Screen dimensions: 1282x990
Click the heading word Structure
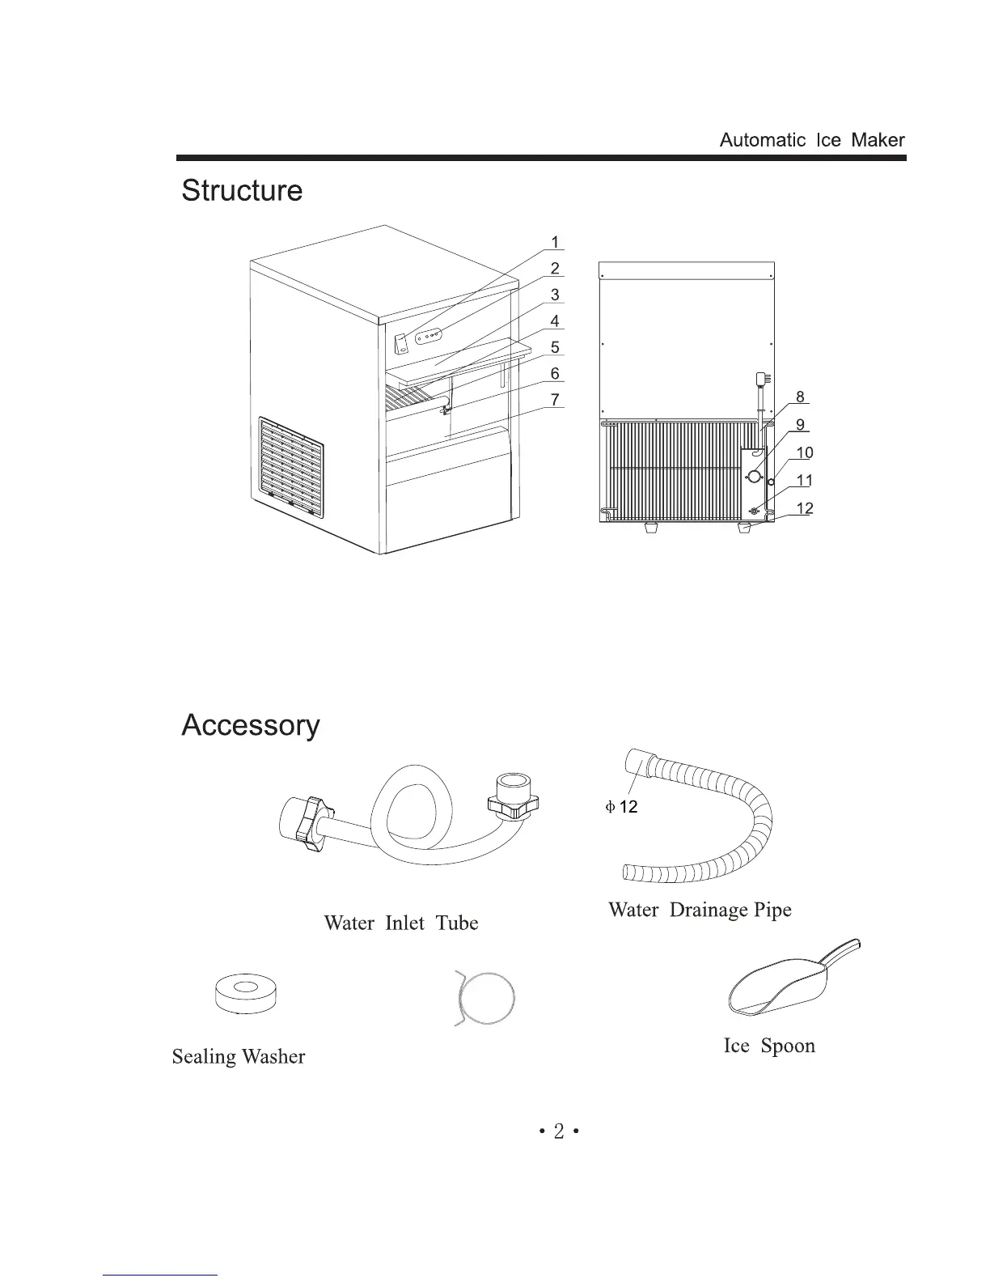242,191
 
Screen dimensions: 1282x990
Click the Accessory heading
251,725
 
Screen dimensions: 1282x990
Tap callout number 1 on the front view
555,242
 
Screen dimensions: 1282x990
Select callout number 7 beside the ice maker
555,400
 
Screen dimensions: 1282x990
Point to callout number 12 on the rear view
805,509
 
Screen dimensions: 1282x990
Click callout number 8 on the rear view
800,397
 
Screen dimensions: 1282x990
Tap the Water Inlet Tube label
401,923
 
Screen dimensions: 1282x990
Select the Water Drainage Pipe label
700,911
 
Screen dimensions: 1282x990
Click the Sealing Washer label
239,1057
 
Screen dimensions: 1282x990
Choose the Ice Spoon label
769,1046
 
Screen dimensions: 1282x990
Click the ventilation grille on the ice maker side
291,468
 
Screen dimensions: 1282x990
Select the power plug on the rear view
762,379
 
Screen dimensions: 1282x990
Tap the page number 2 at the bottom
558,1132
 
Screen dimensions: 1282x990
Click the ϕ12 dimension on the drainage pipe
622,807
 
